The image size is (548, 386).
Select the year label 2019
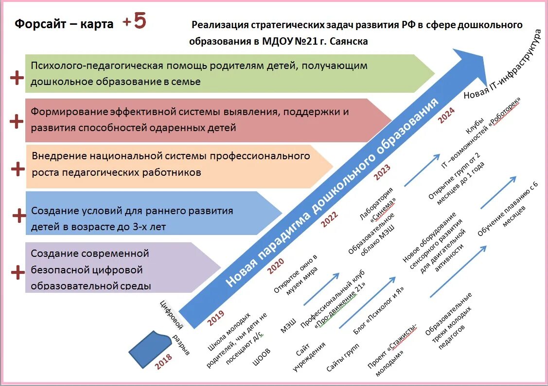pos(216,318)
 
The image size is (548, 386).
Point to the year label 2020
pos(276,265)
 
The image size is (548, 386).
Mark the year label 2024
pos(446,115)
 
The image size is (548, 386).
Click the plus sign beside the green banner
pos(17,78)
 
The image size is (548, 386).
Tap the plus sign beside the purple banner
pos(18,272)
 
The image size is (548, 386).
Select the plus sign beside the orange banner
pos(18,168)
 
